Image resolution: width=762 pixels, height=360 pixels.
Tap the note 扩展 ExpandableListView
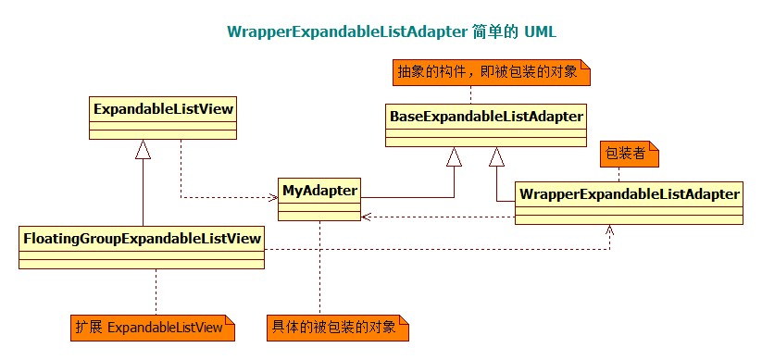click(x=152, y=328)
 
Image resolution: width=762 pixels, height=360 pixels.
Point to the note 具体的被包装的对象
click(x=337, y=327)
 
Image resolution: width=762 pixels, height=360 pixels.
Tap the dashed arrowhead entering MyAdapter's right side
click(x=367, y=217)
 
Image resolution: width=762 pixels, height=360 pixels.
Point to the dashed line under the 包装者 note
click(x=620, y=173)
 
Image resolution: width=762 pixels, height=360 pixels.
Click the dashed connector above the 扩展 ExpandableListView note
click(x=156, y=292)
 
